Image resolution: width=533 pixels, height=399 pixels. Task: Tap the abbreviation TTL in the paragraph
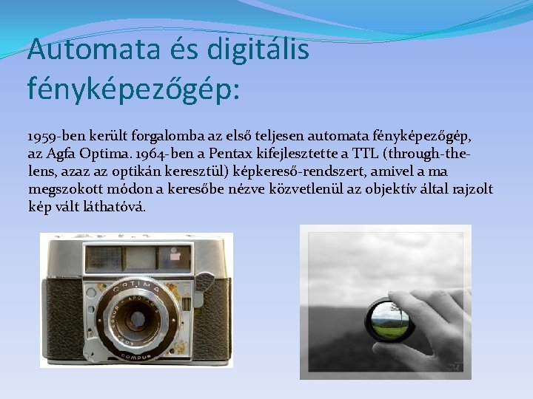tap(365, 154)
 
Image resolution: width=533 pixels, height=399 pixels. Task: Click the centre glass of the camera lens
tap(135, 320)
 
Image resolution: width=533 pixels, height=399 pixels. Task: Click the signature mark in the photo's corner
tap(454, 366)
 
